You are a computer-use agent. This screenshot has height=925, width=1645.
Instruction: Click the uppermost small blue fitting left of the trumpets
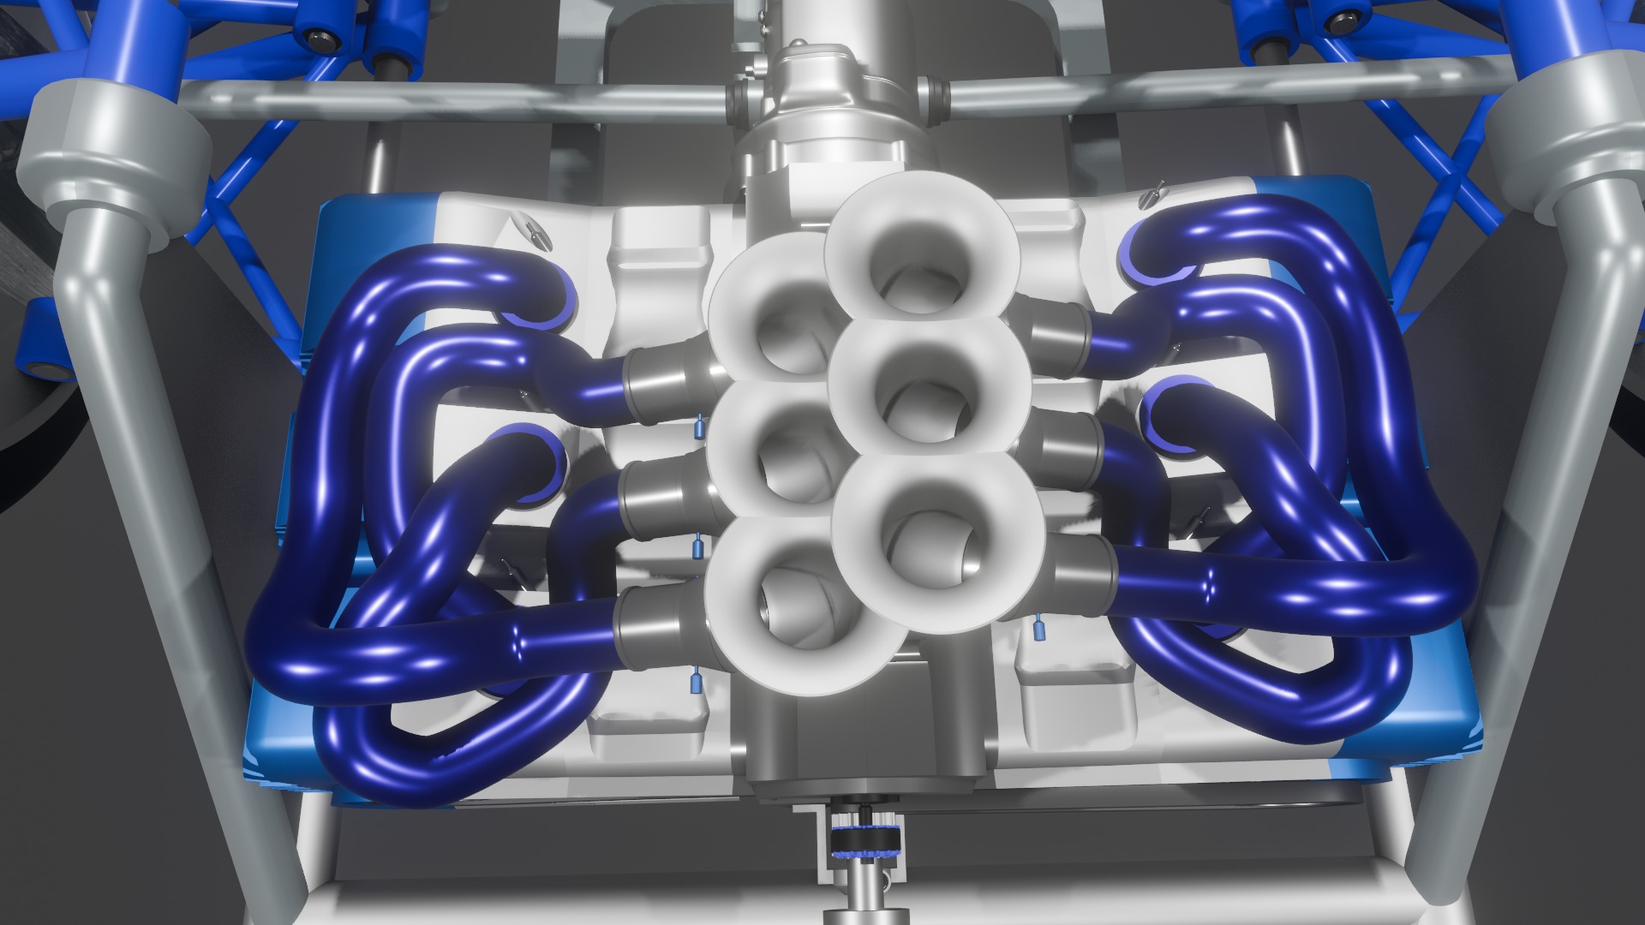699,424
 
